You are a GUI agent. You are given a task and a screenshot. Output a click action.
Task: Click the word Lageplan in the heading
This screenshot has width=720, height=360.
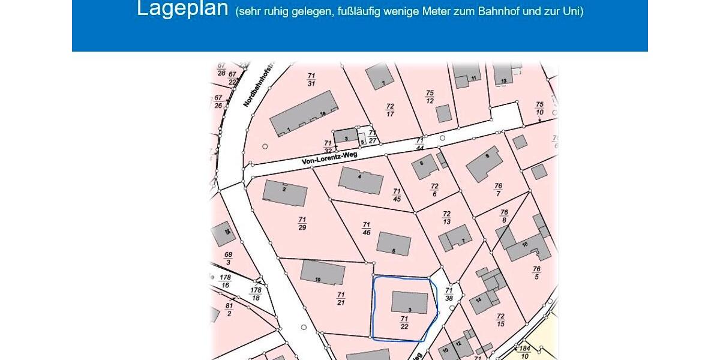click(182, 9)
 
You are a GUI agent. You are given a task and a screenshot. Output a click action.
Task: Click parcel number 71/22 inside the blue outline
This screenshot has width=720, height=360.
click(404, 323)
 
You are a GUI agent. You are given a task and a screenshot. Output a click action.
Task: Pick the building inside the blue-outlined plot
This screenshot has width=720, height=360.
click(410, 302)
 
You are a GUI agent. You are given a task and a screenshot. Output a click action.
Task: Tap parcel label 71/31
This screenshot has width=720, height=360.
click(311, 79)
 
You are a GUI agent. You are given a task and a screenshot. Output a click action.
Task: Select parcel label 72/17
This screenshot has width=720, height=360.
click(390, 110)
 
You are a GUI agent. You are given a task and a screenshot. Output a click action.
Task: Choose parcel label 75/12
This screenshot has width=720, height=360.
click(430, 97)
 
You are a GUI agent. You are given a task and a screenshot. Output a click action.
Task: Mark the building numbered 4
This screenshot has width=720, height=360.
click(361, 180)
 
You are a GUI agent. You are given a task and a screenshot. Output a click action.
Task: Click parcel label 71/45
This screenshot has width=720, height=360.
click(397, 195)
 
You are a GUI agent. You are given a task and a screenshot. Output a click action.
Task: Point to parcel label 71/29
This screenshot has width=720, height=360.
click(302, 223)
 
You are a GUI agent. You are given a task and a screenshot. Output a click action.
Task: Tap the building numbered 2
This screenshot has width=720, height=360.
click(285, 193)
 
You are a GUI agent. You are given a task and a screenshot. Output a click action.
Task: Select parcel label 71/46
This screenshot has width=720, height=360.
click(366, 229)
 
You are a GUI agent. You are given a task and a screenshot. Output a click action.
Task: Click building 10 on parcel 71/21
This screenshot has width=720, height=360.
click(322, 273)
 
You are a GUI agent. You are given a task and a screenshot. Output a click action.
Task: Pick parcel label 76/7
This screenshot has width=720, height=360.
click(498, 190)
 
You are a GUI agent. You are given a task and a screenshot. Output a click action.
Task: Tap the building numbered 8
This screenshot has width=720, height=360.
click(484, 163)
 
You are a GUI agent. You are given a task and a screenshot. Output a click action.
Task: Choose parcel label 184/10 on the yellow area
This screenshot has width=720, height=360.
click(525, 352)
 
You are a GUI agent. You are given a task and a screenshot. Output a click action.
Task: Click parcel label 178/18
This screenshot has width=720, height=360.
click(256, 293)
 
